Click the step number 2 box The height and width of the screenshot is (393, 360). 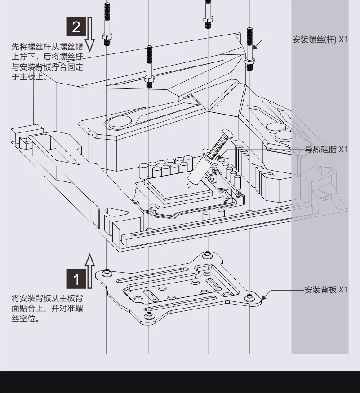coord(76,26)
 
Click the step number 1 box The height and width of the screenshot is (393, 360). coord(76,279)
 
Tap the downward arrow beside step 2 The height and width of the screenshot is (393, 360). coord(90,34)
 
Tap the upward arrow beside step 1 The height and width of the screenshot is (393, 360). coord(90,271)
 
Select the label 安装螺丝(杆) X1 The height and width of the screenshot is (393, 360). coord(320,40)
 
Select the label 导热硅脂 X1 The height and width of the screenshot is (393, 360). coord(326,150)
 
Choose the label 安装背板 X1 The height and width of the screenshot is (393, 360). coord(326,290)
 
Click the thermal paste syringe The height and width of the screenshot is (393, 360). coord(210,159)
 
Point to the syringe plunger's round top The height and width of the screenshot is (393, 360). coord(227,133)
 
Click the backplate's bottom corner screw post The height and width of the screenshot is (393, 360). coord(149,315)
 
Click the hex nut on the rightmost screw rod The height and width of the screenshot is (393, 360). coord(249,61)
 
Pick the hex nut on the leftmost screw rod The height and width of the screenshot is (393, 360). coord(107,36)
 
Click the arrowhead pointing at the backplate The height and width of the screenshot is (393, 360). coord(264,296)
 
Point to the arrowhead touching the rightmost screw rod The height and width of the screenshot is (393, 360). coord(255,46)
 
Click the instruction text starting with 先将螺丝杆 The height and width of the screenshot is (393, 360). coord(47,62)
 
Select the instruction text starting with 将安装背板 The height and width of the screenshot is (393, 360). coord(47,309)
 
